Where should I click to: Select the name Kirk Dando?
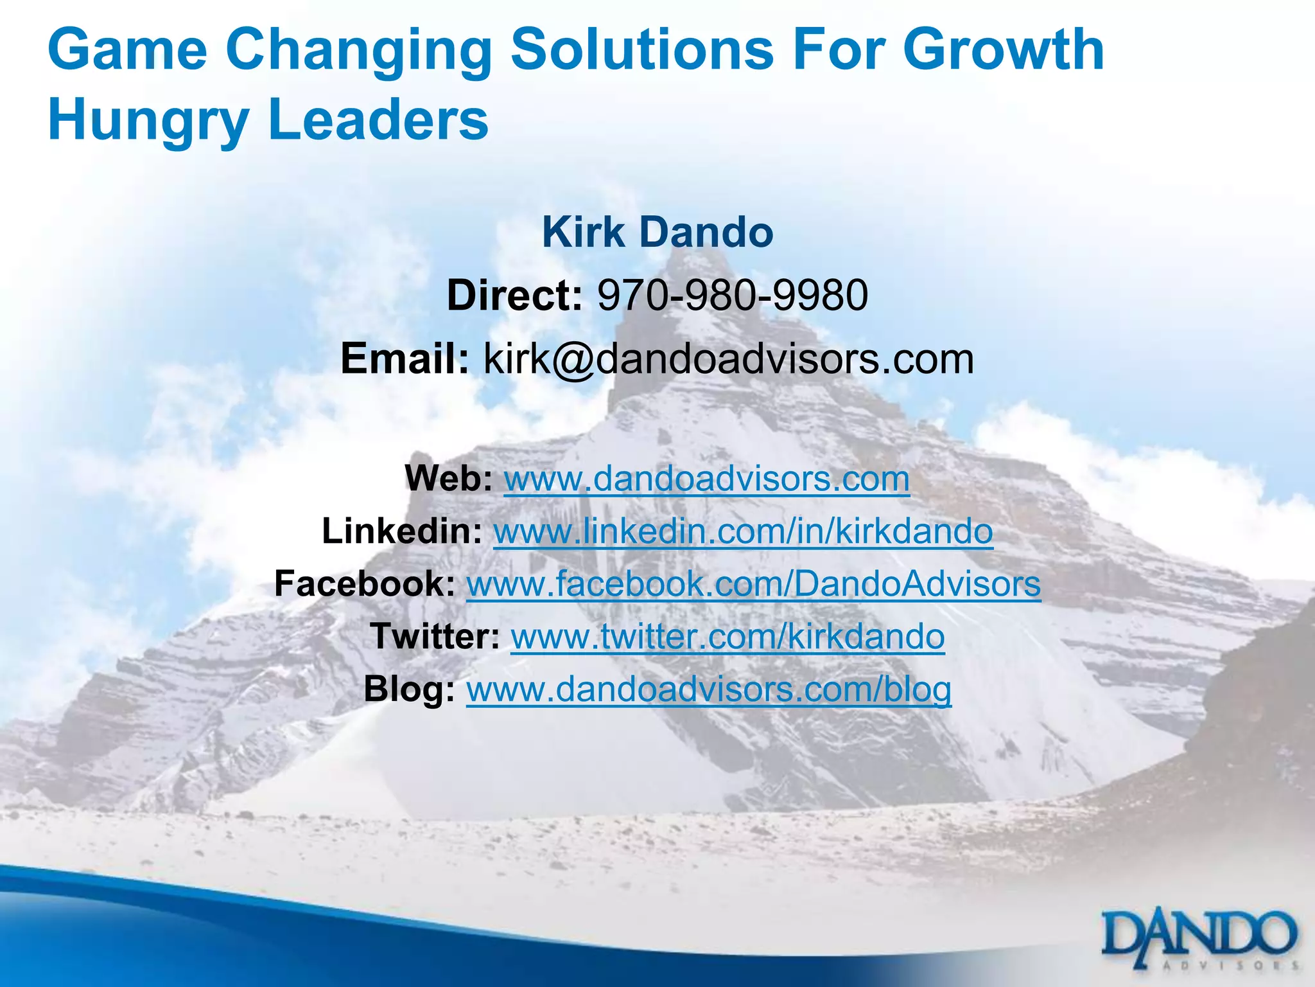(657, 232)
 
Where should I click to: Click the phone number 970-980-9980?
(733, 296)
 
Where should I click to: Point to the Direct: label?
(514, 296)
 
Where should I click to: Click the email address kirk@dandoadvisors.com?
(729, 359)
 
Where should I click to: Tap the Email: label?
(405, 359)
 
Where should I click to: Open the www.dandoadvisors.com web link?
(706, 479)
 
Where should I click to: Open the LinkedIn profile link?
(743, 531)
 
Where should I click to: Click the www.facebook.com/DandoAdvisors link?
(753, 584)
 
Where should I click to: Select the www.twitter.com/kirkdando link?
(727, 637)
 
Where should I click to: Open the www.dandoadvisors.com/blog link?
(708, 689)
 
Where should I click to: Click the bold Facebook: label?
(365, 584)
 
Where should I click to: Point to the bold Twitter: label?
(435, 637)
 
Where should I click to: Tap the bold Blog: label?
(410, 689)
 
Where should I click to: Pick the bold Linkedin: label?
(402, 531)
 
